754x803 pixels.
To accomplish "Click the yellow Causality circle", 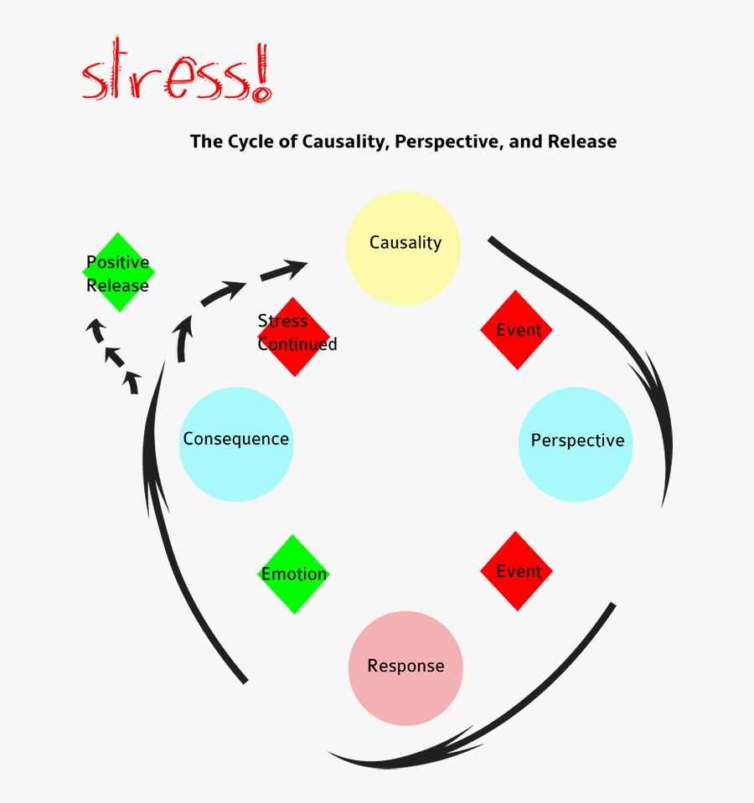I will (x=404, y=248).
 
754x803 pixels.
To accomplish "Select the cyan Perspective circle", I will (x=576, y=444).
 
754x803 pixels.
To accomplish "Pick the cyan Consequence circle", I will (x=236, y=444).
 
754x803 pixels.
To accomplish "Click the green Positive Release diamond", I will (x=118, y=272).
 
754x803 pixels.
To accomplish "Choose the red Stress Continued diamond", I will (x=294, y=337).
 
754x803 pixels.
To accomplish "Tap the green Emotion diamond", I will (x=293, y=574).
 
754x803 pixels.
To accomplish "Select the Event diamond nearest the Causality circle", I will (x=516, y=330).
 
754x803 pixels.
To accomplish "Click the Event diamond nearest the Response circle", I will (x=516, y=571).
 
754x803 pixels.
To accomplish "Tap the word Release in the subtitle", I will (x=582, y=142).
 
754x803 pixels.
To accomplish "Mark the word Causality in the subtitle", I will (x=344, y=142).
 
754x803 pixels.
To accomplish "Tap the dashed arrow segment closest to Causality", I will (x=284, y=270).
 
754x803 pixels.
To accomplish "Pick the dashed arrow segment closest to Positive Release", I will (x=96, y=329).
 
